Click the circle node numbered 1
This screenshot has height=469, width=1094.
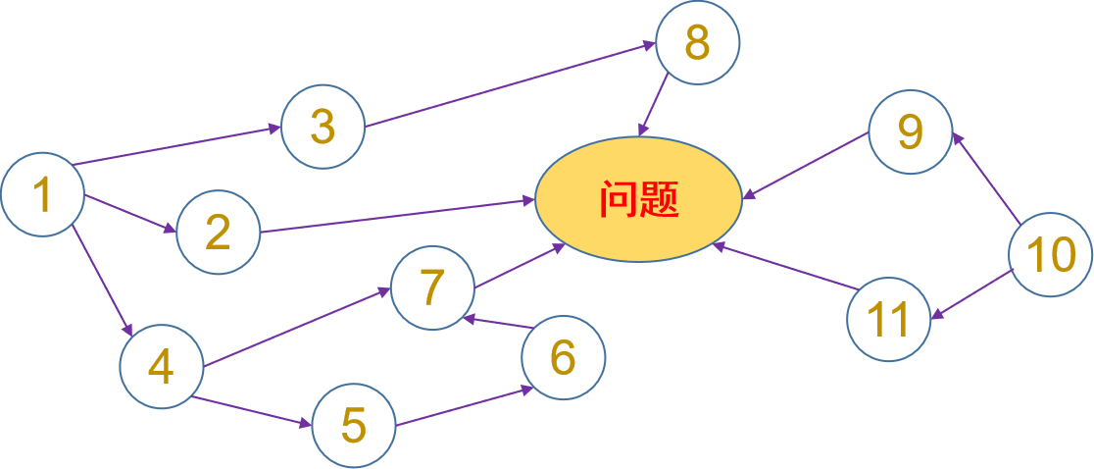click(42, 195)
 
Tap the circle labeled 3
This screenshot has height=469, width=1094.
click(323, 127)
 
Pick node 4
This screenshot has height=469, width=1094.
click(161, 366)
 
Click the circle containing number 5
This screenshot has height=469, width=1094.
click(354, 425)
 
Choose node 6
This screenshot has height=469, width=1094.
click(563, 358)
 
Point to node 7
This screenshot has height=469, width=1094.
click(432, 287)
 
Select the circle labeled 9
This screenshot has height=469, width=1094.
click(911, 131)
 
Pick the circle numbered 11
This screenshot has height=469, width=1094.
click(889, 320)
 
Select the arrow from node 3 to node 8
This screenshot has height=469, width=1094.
click(510, 85)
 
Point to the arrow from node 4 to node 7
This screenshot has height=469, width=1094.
click(296, 326)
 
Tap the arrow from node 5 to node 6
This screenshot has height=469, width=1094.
click(460, 407)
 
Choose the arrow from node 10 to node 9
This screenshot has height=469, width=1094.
click(986, 179)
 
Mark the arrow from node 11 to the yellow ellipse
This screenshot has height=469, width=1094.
click(785, 266)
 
